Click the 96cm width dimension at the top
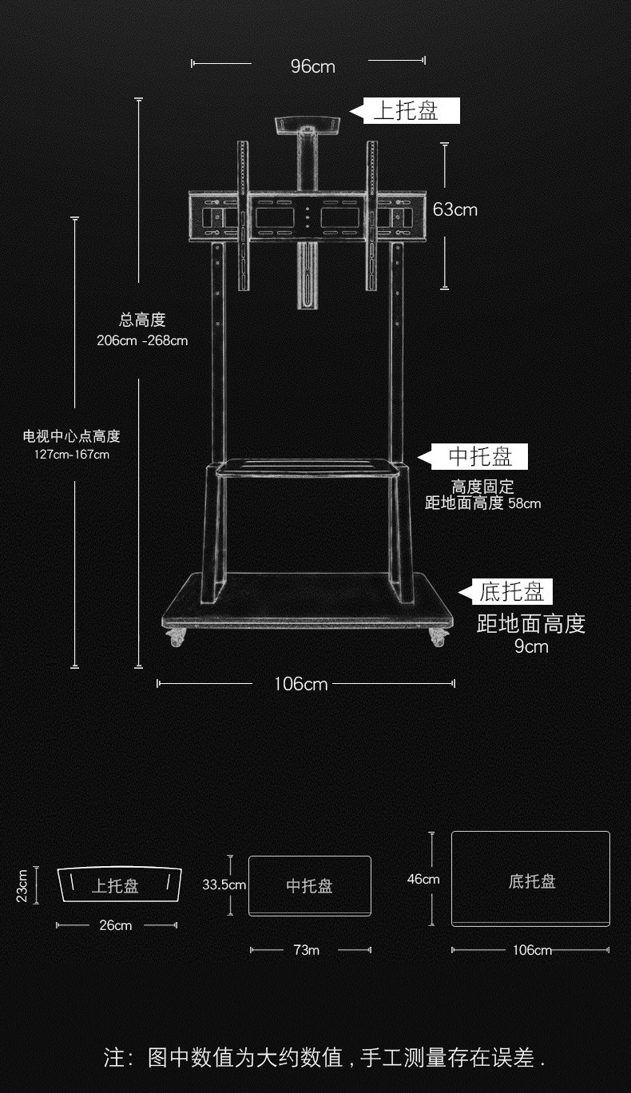tap(312, 66)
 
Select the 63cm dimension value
tap(454, 209)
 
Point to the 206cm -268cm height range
tap(142, 341)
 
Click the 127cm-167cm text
tap(71, 454)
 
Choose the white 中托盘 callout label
tap(479, 457)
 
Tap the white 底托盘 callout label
tap(511, 592)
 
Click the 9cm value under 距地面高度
tap(531, 646)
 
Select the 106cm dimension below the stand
tap(300, 684)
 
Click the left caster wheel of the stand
tap(176, 638)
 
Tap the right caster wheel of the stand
tap(439, 638)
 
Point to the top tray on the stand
tap(307, 125)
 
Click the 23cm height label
tap(22, 885)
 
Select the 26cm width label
tap(116, 925)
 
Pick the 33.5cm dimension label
tap(224, 884)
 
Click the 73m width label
tap(307, 950)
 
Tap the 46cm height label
tap(423, 879)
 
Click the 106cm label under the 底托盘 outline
tap(532, 950)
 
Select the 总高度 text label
tap(142, 320)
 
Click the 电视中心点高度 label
tap(71, 436)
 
